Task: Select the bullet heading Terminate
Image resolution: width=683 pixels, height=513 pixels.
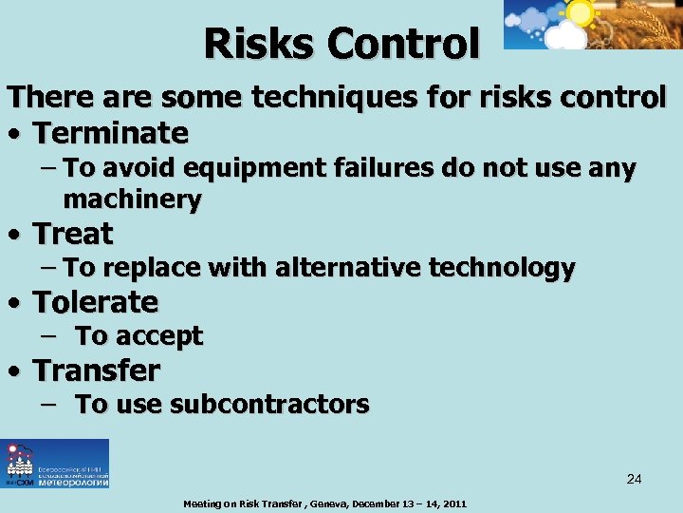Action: pyautogui.click(x=111, y=131)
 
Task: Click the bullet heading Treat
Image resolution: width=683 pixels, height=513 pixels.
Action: pyautogui.click(x=73, y=233)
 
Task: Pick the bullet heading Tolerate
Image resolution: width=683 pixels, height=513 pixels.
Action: pyautogui.click(x=96, y=302)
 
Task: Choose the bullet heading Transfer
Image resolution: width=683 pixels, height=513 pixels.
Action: pyautogui.click(x=97, y=370)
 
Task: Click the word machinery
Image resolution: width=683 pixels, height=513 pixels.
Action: pyautogui.click(x=132, y=199)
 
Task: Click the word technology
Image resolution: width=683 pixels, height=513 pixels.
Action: pyautogui.click(x=502, y=268)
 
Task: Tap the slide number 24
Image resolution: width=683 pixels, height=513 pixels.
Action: pyautogui.click(x=634, y=479)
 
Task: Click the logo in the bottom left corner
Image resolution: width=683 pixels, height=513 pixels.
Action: pyautogui.click(x=55, y=464)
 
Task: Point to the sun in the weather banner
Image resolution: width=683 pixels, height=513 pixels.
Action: pyautogui.click(x=578, y=12)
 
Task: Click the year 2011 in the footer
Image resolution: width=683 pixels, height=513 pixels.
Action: pyautogui.click(x=452, y=503)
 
